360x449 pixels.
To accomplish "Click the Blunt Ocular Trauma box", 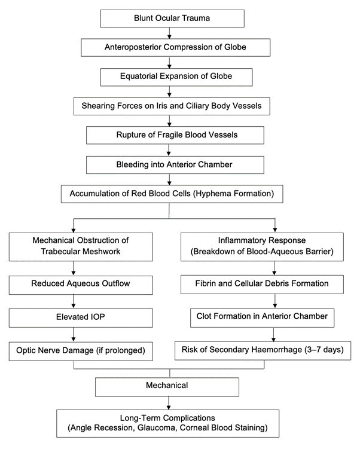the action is tap(172, 19).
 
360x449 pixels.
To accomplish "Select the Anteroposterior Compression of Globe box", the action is tap(176, 48).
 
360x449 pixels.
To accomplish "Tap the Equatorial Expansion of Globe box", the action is tap(176, 77).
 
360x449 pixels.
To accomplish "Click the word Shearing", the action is tap(96, 106).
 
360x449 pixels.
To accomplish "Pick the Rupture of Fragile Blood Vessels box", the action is tap(175, 135).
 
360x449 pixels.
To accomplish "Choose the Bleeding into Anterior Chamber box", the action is tap(175, 165).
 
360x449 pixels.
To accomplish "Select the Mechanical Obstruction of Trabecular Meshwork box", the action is tap(81, 247).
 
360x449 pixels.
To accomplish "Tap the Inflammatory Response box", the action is tap(262, 247).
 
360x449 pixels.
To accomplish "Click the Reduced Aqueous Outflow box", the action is tap(81, 285).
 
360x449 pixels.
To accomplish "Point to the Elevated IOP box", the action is tap(81, 318).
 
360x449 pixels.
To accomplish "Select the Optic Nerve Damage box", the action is tap(81, 351).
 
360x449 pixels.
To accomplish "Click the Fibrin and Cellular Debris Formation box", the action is tap(262, 285).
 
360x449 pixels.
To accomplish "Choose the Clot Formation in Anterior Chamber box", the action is tap(263, 318).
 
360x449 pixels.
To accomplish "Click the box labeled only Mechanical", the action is tap(167, 387).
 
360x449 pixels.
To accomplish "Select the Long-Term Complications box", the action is tap(168, 423).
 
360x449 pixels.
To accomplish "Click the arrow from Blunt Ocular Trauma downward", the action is tap(169, 33).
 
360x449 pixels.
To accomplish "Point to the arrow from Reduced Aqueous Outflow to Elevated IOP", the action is tap(74, 301).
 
